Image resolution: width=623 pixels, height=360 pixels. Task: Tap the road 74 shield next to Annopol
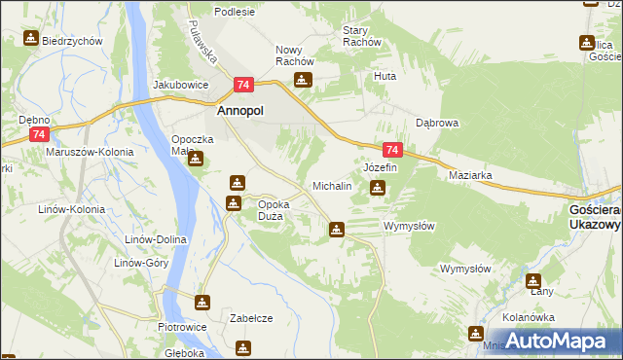pyautogui.click(x=243, y=87)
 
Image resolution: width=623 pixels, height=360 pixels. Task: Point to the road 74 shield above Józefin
pyautogui.click(x=392, y=151)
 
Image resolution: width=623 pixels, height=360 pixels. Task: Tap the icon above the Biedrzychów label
pyautogui.click(x=31, y=39)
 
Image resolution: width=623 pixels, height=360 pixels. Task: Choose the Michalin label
pyautogui.click(x=331, y=185)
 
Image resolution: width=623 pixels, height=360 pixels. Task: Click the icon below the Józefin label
pyautogui.click(x=377, y=188)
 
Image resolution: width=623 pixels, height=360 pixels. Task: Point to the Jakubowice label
pyautogui.click(x=181, y=85)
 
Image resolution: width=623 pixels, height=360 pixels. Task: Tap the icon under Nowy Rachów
pyautogui.click(x=304, y=81)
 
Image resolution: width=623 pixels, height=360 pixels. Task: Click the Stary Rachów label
pyautogui.click(x=361, y=36)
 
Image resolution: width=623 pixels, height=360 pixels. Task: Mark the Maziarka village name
pyautogui.click(x=470, y=176)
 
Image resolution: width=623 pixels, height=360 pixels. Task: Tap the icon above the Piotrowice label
pyautogui.click(x=202, y=303)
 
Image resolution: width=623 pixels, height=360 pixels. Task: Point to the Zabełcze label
pyautogui.click(x=250, y=318)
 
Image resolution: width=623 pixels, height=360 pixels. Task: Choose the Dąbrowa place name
pyautogui.click(x=437, y=124)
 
